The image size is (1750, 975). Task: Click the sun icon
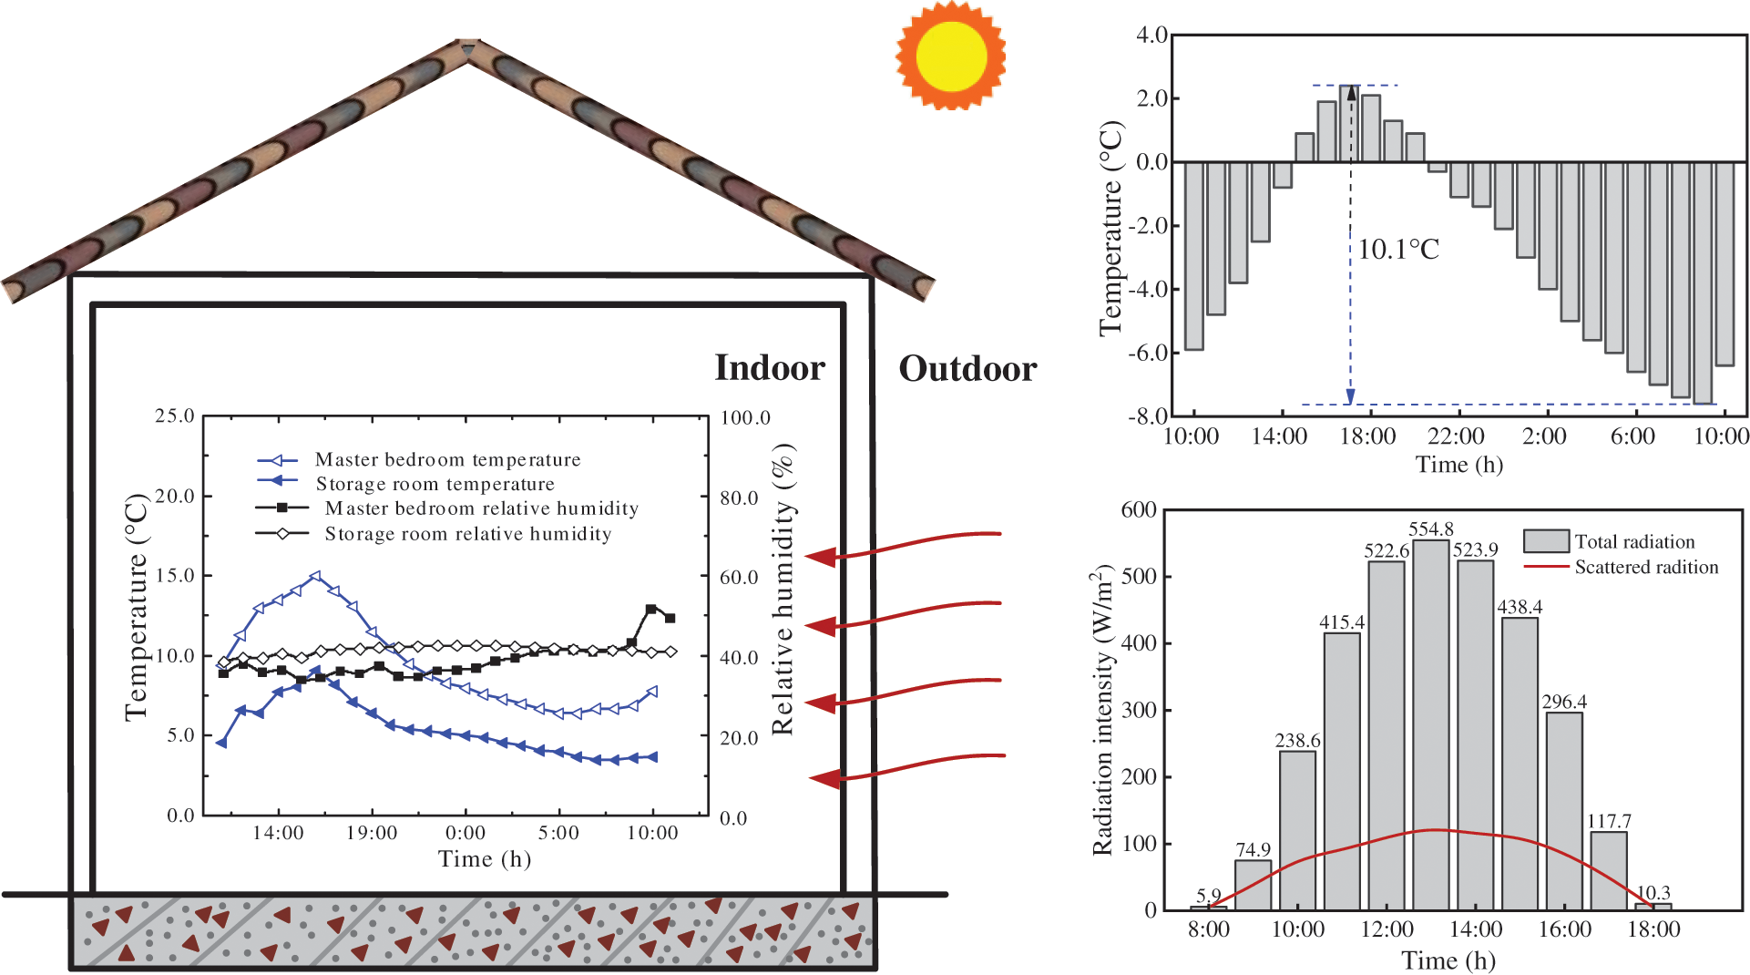(951, 56)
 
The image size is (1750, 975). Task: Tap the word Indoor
(770, 368)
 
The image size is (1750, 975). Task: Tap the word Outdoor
(967, 369)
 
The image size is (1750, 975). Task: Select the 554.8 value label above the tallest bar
(1430, 529)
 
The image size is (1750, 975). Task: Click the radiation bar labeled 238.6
(1297, 829)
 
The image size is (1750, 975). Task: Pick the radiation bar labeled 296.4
(1564, 811)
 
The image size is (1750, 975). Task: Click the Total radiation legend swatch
(1546, 541)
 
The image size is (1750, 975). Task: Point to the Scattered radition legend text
(1646, 567)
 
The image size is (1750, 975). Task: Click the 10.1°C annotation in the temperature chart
(1398, 250)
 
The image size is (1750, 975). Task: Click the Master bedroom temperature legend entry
(447, 459)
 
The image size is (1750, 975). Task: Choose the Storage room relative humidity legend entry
(467, 534)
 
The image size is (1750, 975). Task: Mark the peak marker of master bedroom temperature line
(316, 577)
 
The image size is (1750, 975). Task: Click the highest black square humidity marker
(650, 609)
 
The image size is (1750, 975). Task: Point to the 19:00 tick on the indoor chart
(372, 833)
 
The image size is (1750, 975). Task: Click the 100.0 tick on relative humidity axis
(745, 418)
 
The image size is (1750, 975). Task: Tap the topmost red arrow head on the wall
(821, 557)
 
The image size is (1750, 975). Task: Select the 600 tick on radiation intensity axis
(1139, 510)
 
